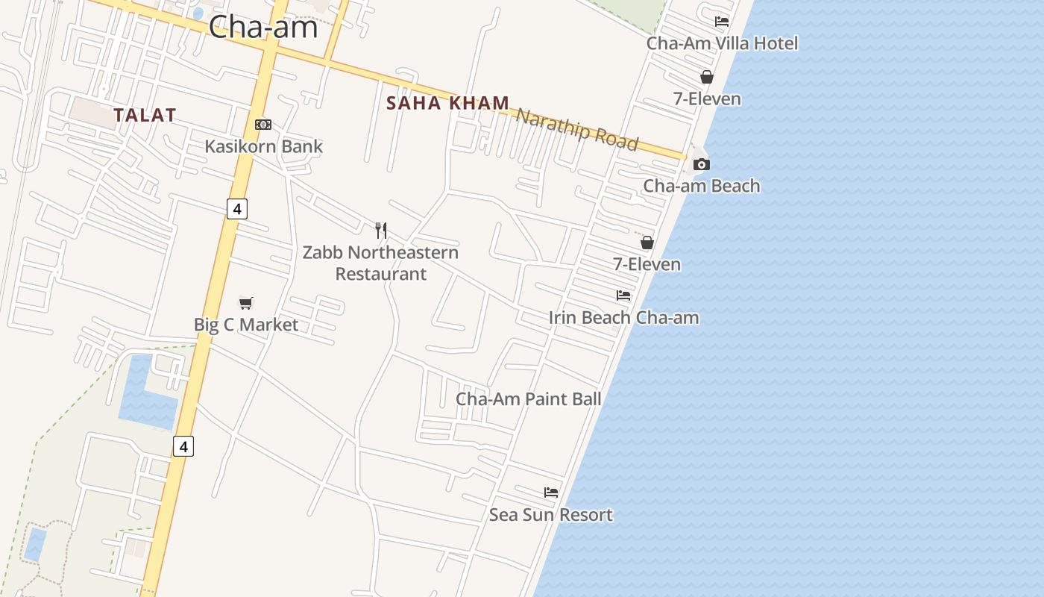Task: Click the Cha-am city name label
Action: pos(263,28)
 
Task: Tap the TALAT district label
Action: pos(145,115)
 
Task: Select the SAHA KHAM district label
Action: pos(448,103)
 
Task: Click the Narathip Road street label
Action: pos(577,129)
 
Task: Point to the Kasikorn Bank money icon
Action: pos(263,125)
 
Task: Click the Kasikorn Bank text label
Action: pos(264,146)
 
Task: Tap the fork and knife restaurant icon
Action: pos(381,230)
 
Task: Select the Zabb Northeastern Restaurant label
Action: pos(380,263)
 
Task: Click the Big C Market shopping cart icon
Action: pos(246,302)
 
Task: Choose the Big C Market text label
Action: pos(246,325)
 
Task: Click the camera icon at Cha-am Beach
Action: pos(702,164)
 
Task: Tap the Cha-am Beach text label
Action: pos(702,186)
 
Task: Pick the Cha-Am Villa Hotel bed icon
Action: pos(721,22)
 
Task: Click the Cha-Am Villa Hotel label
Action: pos(722,43)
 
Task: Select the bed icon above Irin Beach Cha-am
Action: pos(623,296)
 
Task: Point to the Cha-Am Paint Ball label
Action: pos(529,398)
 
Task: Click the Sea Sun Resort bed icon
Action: pos(551,493)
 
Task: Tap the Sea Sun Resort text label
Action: pos(551,515)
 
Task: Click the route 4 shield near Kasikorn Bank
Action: pos(237,209)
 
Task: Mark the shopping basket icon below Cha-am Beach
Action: pos(647,243)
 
